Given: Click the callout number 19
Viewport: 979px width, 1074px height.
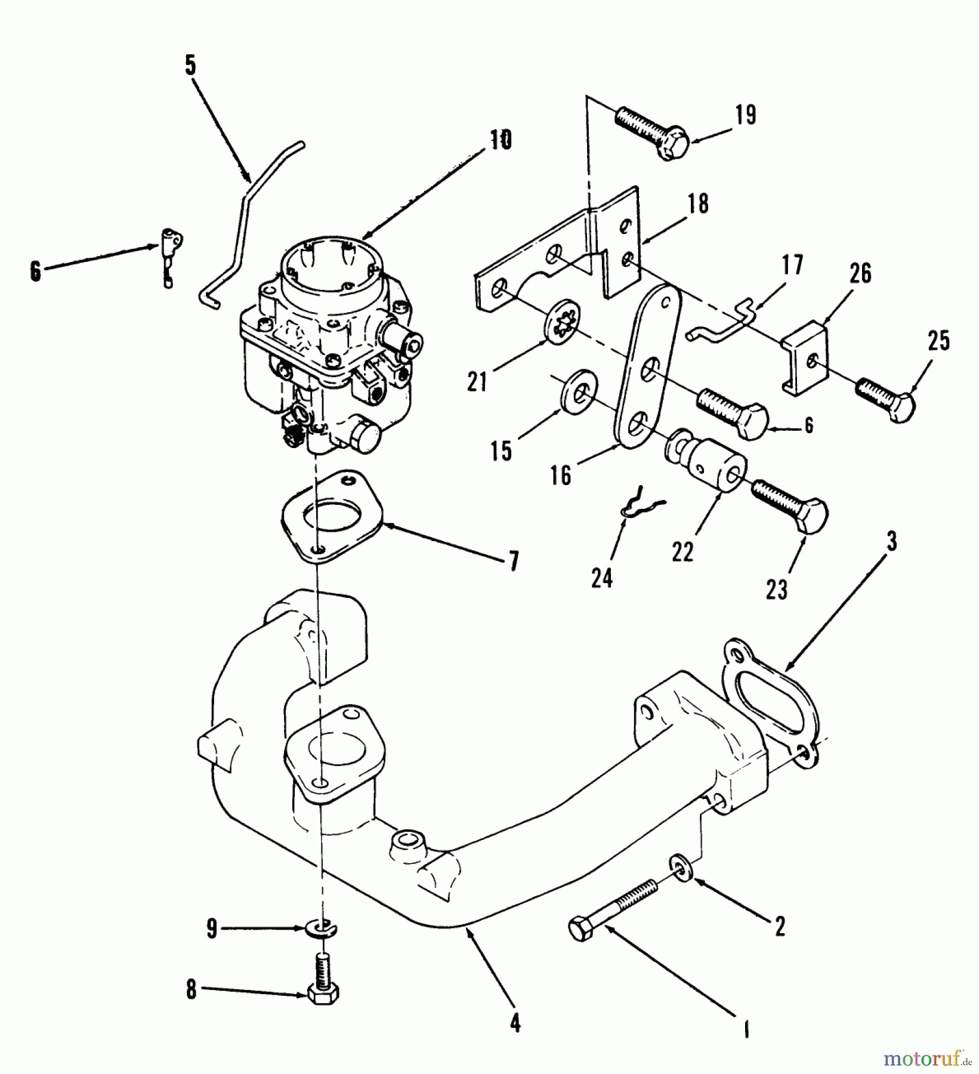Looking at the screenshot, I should (745, 115).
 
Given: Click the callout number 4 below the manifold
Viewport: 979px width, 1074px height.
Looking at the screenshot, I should (515, 1024).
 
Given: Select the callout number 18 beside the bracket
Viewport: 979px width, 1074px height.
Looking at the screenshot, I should (698, 203).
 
